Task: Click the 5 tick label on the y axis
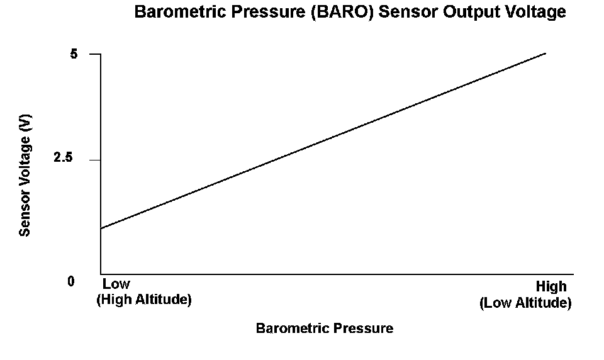[74, 54]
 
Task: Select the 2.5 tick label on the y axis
[63, 157]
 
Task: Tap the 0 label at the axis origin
[71, 281]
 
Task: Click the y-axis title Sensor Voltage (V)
[25, 176]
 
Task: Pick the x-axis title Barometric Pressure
[325, 328]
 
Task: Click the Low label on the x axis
[116, 284]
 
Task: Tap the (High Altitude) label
[144, 299]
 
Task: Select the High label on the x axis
[551, 286]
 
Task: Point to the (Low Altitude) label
[525, 303]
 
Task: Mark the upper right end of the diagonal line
[546, 53]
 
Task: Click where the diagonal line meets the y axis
[101, 228]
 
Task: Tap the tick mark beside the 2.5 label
[95, 160]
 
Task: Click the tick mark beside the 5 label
[95, 54]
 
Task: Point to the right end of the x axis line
[574, 274]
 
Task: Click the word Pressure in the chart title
[269, 11]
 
